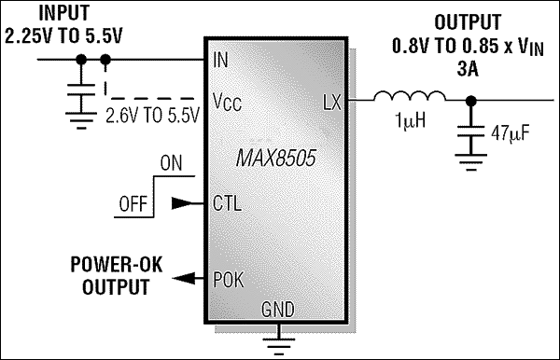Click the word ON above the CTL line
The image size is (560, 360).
coord(172,162)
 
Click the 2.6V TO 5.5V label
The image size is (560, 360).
coord(150,118)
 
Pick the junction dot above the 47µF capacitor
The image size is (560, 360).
coord(473,99)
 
